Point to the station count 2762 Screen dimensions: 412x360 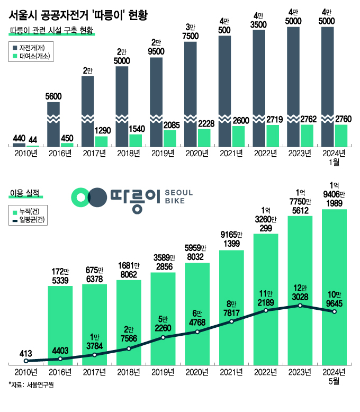pyautogui.click(x=308, y=119)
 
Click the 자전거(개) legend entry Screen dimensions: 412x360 pyautogui.click(x=31, y=47)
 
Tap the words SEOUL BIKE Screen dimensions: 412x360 pyautogui.click(x=179, y=197)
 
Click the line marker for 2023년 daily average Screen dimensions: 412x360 pyautogui.click(x=300, y=306)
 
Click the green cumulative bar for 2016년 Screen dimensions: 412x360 pyautogui.click(x=60, y=325)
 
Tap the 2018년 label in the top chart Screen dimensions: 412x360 pyautogui.click(x=129, y=153)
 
